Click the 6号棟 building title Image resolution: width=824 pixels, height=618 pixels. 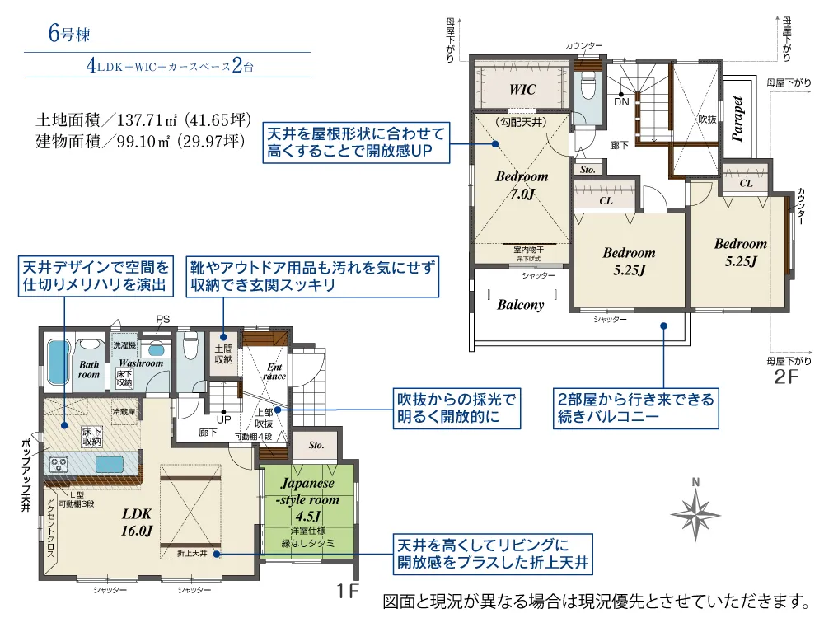click(68, 35)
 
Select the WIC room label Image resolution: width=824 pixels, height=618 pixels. click(522, 89)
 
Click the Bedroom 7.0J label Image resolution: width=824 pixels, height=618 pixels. click(521, 185)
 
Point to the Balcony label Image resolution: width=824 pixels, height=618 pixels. click(521, 304)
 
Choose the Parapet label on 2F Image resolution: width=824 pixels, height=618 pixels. click(738, 119)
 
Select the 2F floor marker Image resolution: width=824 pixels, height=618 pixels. click(788, 377)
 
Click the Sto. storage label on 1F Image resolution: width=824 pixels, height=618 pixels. click(316, 445)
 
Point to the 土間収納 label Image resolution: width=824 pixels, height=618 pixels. click(223, 354)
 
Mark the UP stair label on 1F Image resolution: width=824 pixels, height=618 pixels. click(223, 419)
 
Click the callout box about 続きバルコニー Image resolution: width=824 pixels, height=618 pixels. click(634, 408)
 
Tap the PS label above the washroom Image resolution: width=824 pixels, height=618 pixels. click(162, 320)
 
